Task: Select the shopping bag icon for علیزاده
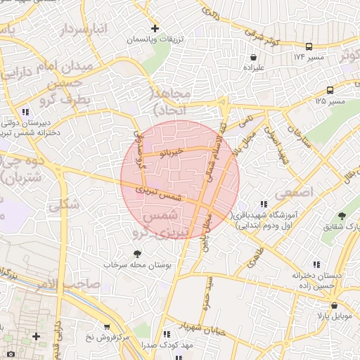[x=253, y=57]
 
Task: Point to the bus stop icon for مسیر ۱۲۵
[x=330, y=90]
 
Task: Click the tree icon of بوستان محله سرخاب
[x=136, y=254]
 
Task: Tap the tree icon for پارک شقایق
[x=342, y=215]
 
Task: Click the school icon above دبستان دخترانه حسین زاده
[x=316, y=264]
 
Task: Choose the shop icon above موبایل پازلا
[x=334, y=306]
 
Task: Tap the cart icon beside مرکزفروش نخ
[x=106, y=326]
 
